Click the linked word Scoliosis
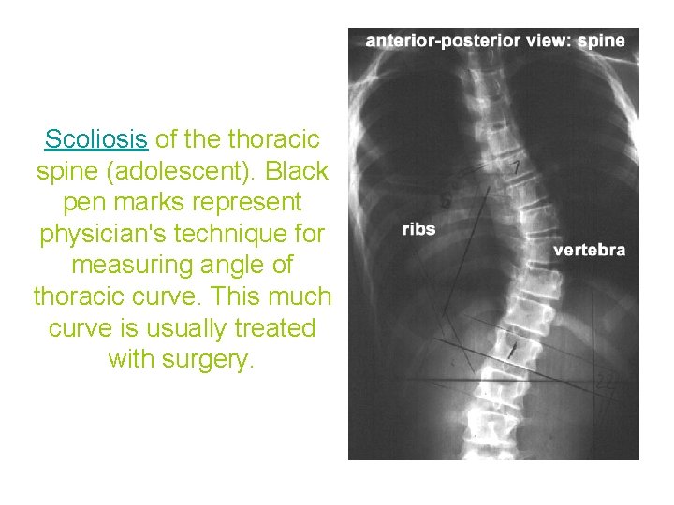click(96, 140)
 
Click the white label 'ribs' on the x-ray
click(418, 228)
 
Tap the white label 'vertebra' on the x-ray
click(589, 250)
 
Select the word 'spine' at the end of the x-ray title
click(601, 40)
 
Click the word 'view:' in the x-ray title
click(543, 40)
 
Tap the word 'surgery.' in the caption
click(182, 359)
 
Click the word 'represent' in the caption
click(254, 203)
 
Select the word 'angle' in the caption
click(235, 266)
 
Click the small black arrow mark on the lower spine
click(512, 351)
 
